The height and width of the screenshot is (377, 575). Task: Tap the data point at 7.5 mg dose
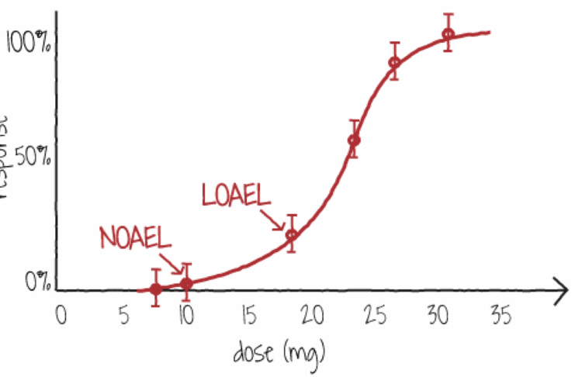click(155, 289)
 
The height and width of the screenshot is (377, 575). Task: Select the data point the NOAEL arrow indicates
click(186, 284)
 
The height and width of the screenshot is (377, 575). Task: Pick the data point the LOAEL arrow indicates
click(292, 234)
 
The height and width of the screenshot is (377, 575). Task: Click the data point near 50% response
click(354, 140)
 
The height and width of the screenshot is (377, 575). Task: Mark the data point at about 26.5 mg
click(394, 62)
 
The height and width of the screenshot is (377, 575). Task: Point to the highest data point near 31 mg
click(448, 34)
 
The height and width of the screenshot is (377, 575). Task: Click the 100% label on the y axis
click(29, 43)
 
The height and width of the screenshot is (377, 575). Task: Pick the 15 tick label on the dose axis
click(249, 316)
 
